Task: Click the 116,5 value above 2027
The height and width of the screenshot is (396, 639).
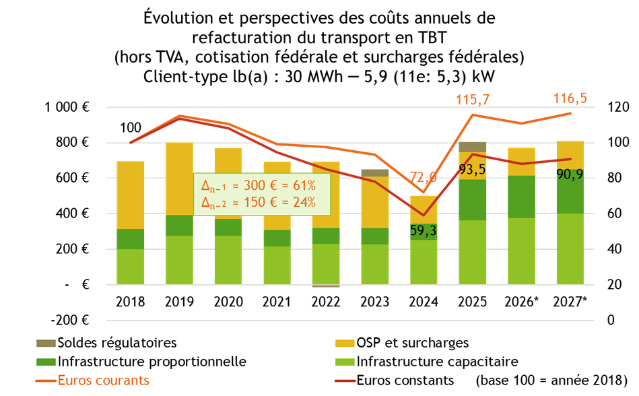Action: pos(570,98)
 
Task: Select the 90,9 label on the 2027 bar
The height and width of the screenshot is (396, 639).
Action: pos(571,173)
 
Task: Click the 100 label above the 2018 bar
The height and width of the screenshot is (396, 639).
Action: pos(131,128)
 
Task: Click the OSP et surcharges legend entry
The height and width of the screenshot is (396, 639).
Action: pos(413,343)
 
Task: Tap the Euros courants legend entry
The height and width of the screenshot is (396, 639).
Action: pos(104,381)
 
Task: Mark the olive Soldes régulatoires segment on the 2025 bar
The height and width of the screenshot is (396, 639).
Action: pos(473,147)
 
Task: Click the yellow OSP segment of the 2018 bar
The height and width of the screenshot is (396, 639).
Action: pos(131,195)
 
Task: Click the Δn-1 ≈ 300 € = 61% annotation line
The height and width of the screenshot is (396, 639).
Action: pos(259,185)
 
